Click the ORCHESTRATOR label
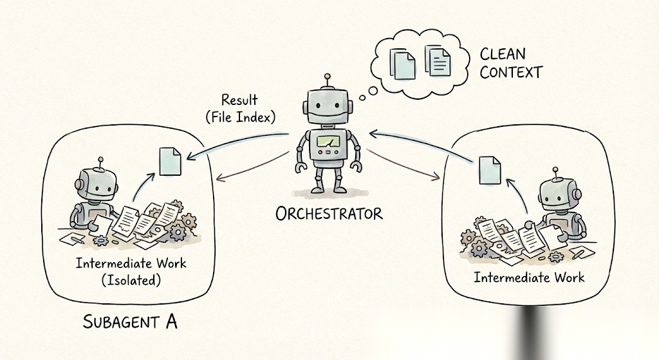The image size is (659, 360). [329, 213]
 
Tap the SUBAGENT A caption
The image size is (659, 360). [130, 320]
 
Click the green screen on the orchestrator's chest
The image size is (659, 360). [328, 141]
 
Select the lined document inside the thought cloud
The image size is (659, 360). [438, 61]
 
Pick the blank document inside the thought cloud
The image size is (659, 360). [404, 63]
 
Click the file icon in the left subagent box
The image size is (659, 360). [170, 160]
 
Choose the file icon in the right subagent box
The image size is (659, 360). [490, 169]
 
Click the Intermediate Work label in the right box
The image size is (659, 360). [529, 277]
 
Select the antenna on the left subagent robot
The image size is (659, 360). [100, 162]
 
